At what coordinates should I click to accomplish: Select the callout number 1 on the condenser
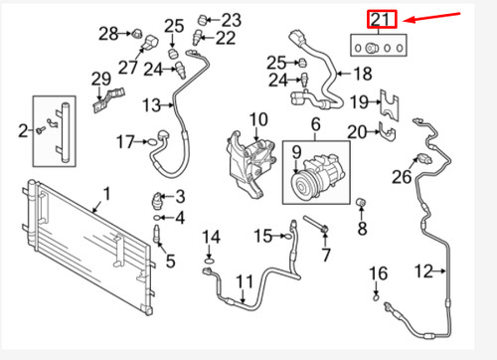[108, 193]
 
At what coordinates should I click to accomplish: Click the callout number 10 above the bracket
[258, 121]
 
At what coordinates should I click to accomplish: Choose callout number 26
[401, 177]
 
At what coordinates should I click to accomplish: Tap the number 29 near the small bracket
[100, 80]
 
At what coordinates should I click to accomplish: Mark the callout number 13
[151, 104]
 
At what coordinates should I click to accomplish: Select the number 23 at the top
[231, 19]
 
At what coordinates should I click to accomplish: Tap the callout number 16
[377, 272]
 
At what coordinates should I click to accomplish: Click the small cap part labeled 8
[362, 206]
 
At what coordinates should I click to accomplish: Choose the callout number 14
[210, 236]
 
